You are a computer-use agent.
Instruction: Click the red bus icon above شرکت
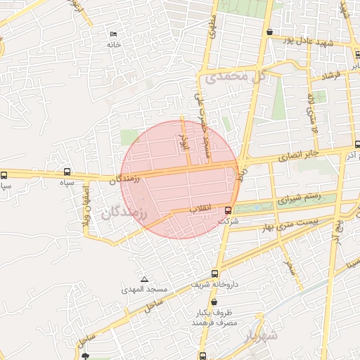[x=228, y=210]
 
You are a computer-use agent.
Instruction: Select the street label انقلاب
[x=203, y=209]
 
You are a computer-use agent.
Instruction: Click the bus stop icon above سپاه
[x=67, y=172]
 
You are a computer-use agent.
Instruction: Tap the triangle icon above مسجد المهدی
[x=145, y=279]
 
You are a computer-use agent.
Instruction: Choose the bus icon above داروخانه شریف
[x=214, y=274]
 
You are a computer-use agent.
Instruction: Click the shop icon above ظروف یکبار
[x=213, y=302]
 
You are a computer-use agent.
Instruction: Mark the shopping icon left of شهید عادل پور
[x=270, y=32]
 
